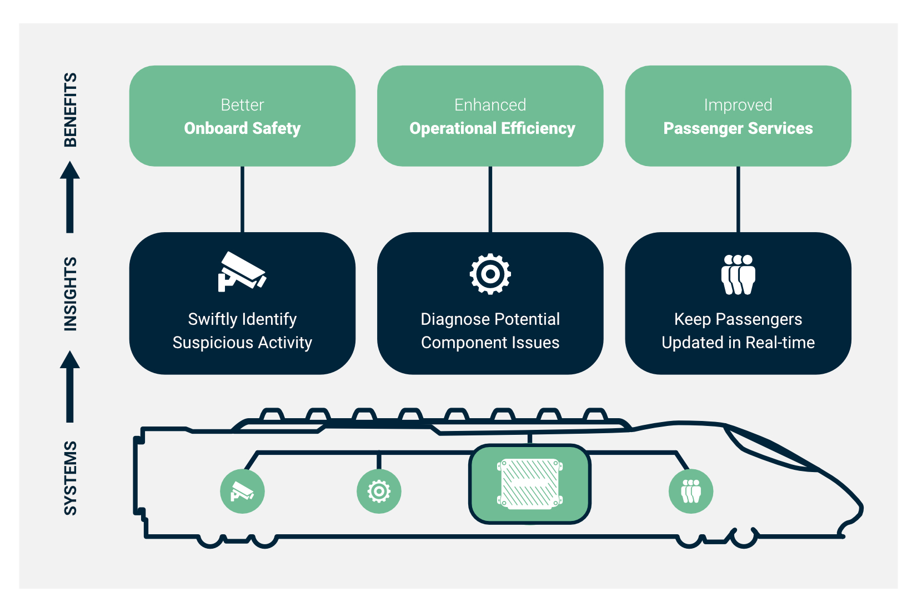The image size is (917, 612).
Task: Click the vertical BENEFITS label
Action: [x=70, y=110]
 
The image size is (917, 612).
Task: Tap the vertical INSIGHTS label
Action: [x=70, y=294]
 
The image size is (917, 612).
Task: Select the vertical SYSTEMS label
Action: [x=70, y=478]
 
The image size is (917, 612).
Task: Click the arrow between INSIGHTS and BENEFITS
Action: [x=70, y=198]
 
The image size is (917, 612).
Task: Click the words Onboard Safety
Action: [x=242, y=129]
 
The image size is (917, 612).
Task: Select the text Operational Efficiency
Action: [x=492, y=129]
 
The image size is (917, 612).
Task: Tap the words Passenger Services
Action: [x=738, y=129]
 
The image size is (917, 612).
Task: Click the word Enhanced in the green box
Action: [x=490, y=105]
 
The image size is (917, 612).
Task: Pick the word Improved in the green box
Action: [x=738, y=105]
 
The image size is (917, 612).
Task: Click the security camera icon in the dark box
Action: [x=241, y=272]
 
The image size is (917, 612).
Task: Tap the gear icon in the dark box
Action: [x=490, y=274]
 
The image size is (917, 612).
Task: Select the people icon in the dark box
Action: [x=738, y=274]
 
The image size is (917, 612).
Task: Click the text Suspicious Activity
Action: [x=242, y=343]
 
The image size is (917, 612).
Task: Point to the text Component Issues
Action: [x=490, y=343]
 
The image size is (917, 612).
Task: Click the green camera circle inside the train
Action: [x=242, y=491]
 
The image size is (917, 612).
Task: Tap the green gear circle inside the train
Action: [x=379, y=491]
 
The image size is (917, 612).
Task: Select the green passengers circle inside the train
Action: [x=691, y=491]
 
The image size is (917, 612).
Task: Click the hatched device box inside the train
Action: [x=530, y=484]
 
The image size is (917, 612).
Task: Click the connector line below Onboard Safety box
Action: [x=242, y=199]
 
